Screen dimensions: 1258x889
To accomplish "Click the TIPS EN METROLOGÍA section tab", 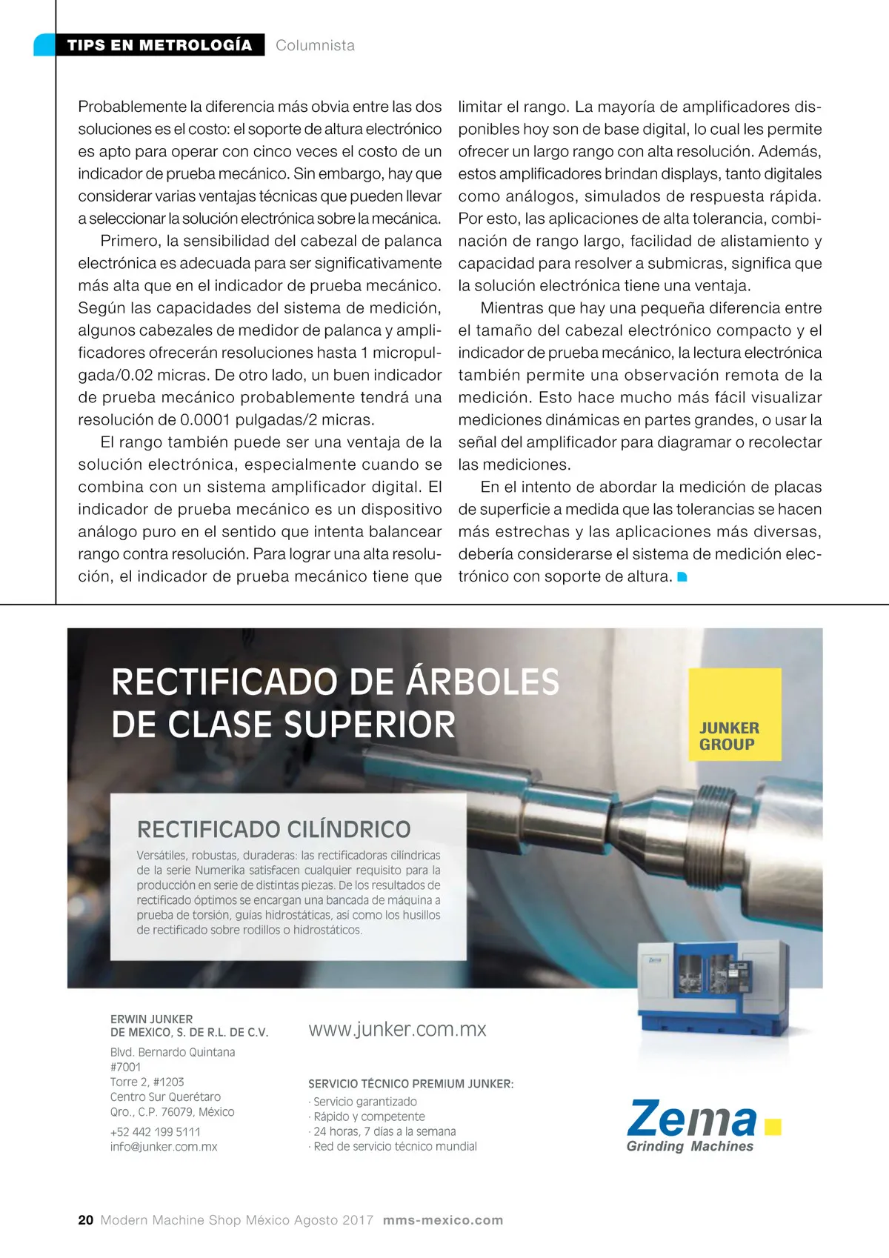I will pyautogui.click(x=159, y=45).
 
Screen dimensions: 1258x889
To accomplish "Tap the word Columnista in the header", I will pyautogui.click(x=315, y=45).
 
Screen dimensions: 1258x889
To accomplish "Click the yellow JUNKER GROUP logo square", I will pyautogui.click(x=734, y=714).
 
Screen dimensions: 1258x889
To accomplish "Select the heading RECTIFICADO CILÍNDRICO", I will pyautogui.click(x=274, y=829).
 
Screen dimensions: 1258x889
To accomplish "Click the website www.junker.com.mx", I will pyautogui.click(x=397, y=1029).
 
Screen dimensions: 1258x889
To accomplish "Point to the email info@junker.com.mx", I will pyautogui.click(x=164, y=1146).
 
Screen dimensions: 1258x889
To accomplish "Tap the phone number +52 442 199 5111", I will pyautogui.click(x=155, y=1131).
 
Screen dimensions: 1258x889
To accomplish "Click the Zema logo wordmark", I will pyautogui.click(x=693, y=1119).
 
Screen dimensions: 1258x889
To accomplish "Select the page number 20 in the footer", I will pyautogui.click(x=86, y=1219).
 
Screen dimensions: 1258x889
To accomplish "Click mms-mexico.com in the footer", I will pyautogui.click(x=443, y=1219).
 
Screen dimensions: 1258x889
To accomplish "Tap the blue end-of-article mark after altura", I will pyautogui.click(x=682, y=576).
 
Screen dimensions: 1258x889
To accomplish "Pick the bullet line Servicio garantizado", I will pyautogui.click(x=364, y=1101).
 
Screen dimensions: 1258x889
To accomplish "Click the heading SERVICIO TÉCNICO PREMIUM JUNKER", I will pyautogui.click(x=410, y=1083).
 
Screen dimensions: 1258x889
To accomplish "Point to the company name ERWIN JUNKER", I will pyautogui.click(x=151, y=1019).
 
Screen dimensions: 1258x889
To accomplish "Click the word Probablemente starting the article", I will pyautogui.click(x=132, y=107).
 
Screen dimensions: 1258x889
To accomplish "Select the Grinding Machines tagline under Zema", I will pyautogui.click(x=690, y=1146).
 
